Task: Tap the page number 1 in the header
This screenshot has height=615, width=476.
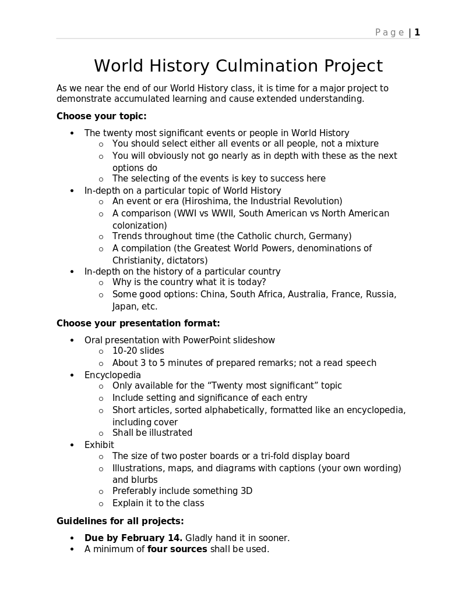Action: (417, 33)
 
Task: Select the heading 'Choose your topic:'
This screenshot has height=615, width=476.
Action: (101, 116)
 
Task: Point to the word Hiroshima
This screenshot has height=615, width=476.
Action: (207, 201)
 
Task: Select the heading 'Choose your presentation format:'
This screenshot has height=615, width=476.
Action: (138, 324)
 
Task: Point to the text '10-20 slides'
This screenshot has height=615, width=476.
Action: (138, 351)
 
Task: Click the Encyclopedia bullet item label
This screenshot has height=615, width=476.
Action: (112, 375)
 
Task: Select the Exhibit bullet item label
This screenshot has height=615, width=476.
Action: (99, 445)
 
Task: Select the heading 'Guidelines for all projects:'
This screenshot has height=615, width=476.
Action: (120, 521)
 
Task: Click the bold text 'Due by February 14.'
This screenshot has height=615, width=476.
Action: (133, 538)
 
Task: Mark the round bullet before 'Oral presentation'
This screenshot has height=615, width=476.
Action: (72, 340)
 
